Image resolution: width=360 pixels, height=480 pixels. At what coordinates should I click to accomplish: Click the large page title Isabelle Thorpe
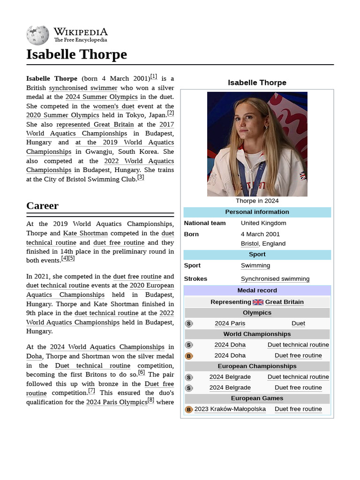pos(76,54)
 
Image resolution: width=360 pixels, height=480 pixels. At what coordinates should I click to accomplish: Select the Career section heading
pos(42,206)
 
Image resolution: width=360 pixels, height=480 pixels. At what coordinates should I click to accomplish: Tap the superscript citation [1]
pos(154,77)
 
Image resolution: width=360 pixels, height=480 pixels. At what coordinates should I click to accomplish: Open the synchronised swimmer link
pos(83,88)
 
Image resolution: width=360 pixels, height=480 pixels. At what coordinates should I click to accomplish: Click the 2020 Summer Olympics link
pos(62,115)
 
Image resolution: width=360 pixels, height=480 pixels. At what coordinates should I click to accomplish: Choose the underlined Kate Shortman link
pos(85,233)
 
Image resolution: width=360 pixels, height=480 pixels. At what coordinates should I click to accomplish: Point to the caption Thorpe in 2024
pos(257,201)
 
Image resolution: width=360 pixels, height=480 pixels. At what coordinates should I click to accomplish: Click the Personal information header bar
pos(257,212)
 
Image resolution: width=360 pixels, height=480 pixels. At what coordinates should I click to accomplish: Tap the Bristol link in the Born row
pos(249,243)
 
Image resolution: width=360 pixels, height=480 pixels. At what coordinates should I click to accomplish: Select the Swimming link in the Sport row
pos(255,265)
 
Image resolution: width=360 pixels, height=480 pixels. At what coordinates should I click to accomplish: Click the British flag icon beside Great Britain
pos(258,302)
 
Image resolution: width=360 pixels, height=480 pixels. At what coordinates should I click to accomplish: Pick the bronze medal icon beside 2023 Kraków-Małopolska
pos(189,409)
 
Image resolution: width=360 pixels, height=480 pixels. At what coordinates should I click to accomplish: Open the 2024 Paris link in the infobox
pos(230,323)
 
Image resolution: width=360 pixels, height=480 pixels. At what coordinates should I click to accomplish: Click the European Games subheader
pos(257,398)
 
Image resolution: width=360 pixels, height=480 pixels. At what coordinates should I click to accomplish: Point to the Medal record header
pos(257,290)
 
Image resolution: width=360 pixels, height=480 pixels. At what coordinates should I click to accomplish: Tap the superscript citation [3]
pos(141,177)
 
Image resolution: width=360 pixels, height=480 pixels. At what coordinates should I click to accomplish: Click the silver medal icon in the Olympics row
pos(189,323)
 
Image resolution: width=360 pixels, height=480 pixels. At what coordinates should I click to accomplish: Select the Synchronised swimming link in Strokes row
pos(275,278)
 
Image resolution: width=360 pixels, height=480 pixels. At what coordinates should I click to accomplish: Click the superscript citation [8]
pos(151,400)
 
